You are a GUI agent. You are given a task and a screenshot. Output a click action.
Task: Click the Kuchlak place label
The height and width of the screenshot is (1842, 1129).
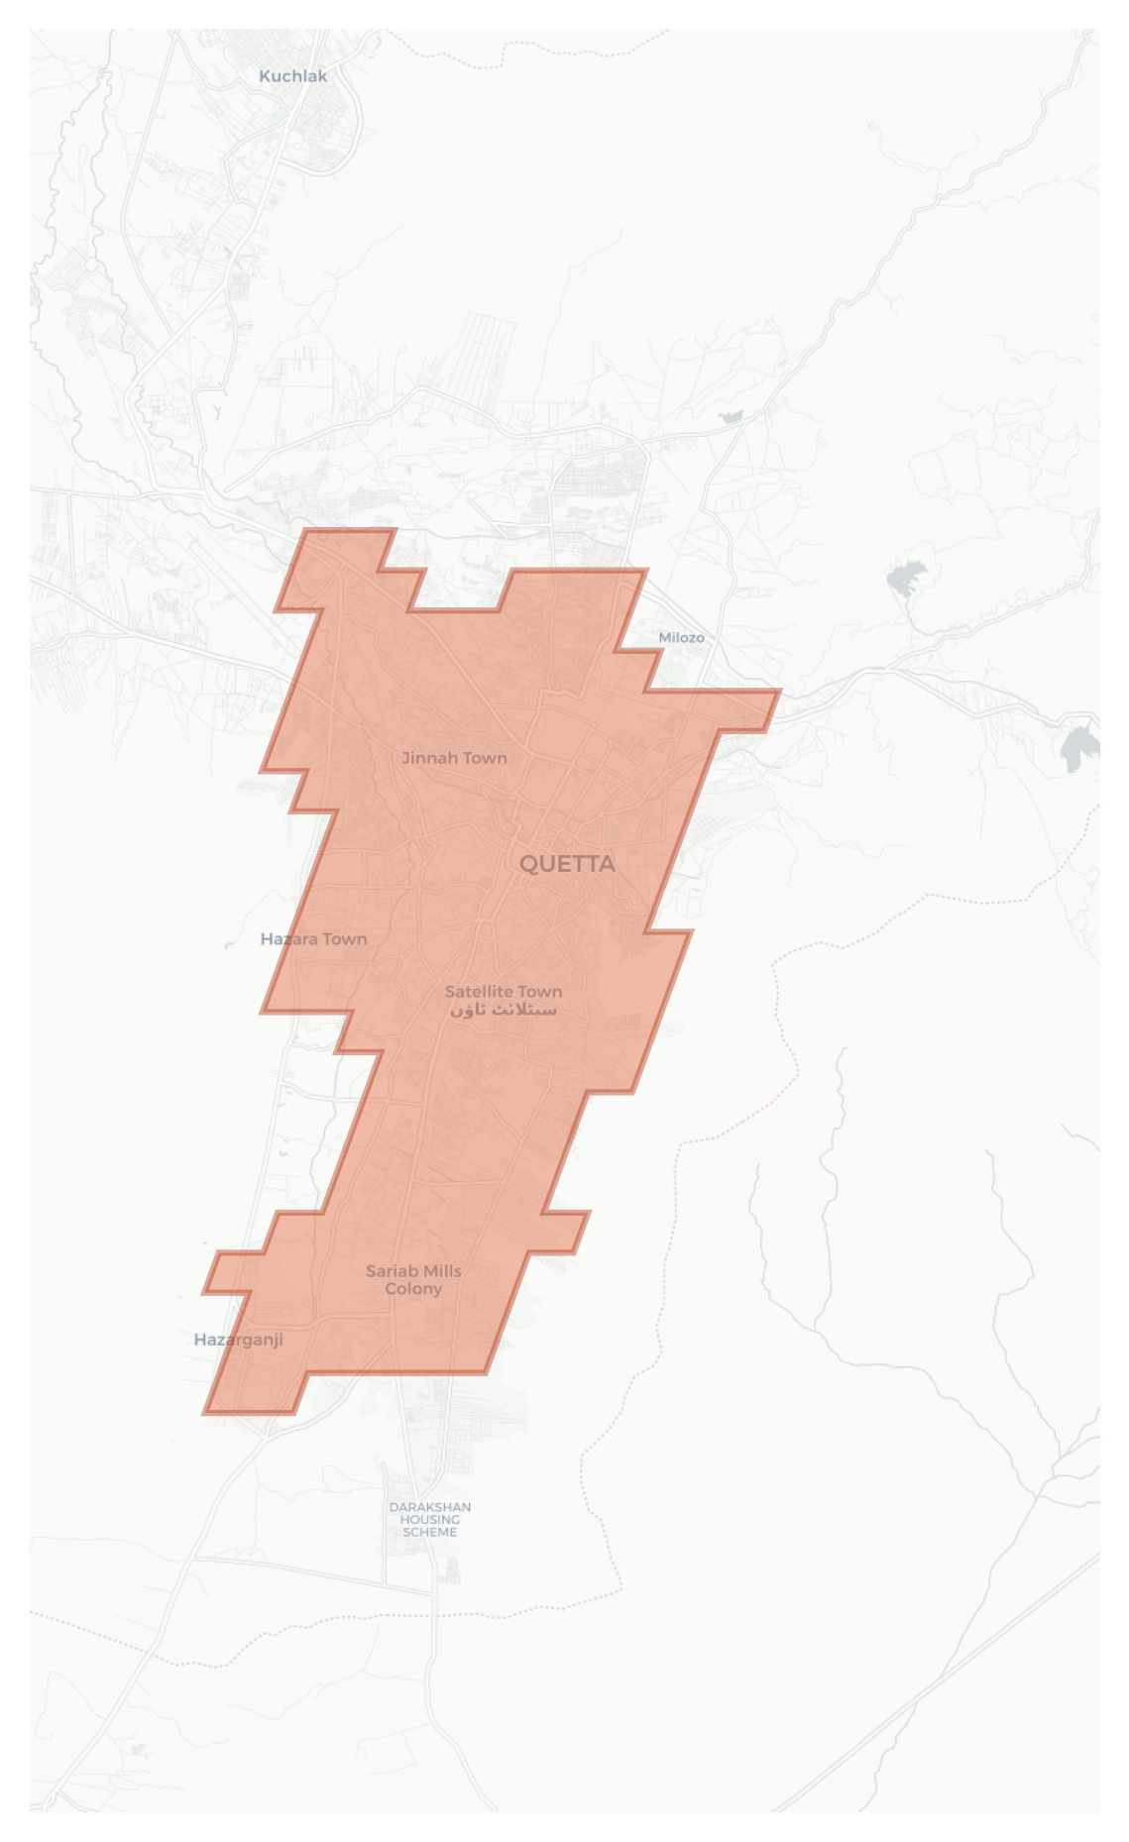[x=292, y=76]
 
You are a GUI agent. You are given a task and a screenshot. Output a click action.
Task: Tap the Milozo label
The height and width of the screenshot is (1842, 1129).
[x=682, y=637]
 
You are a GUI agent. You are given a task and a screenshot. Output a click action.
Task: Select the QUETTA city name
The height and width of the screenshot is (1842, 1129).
[x=567, y=864]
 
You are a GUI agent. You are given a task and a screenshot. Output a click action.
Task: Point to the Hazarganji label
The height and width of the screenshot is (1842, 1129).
[x=238, y=1340]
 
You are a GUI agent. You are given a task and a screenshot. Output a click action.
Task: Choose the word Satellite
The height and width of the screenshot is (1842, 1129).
[x=479, y=991]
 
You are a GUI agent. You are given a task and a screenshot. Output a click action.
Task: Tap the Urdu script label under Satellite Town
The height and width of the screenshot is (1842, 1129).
[x=504, y=1010]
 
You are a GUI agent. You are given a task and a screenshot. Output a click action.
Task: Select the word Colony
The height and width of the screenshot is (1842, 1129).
[x=413, y=1289]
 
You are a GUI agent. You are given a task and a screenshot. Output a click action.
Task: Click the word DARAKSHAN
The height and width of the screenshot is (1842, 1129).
[x=430, y=1507]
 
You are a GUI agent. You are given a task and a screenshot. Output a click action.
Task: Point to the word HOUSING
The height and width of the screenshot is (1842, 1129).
[x=430, y=1519]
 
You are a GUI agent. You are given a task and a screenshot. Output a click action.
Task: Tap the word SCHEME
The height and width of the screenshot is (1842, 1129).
[x=430, y=1532]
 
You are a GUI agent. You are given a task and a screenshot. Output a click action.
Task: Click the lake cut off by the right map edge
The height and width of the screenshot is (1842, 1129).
[x=1080, y=746]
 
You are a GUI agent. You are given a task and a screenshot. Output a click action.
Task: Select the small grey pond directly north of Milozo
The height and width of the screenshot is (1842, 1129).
[x=732, y=417]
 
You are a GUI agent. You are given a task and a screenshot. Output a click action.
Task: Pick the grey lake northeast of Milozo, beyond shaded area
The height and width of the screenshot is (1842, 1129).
[x=907, y=577]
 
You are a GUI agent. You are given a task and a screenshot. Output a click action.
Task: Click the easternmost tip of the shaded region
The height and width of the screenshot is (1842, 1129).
[x=780, y=692]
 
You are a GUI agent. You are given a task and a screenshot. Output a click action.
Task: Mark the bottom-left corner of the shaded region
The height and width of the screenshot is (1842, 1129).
[x=204, y=1413]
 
